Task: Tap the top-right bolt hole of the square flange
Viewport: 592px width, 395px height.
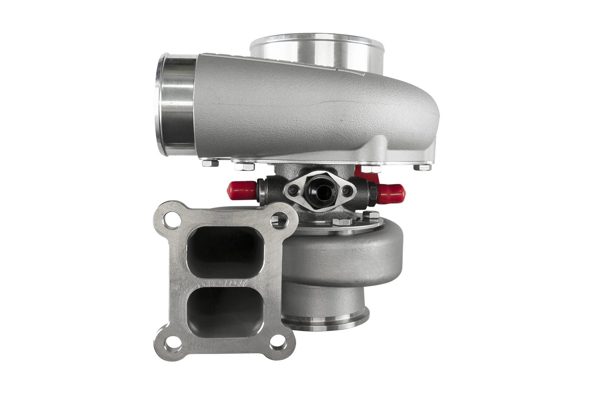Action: click(x=281, y=217)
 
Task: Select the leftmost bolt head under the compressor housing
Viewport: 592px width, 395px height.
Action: click(x=210, y=162)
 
